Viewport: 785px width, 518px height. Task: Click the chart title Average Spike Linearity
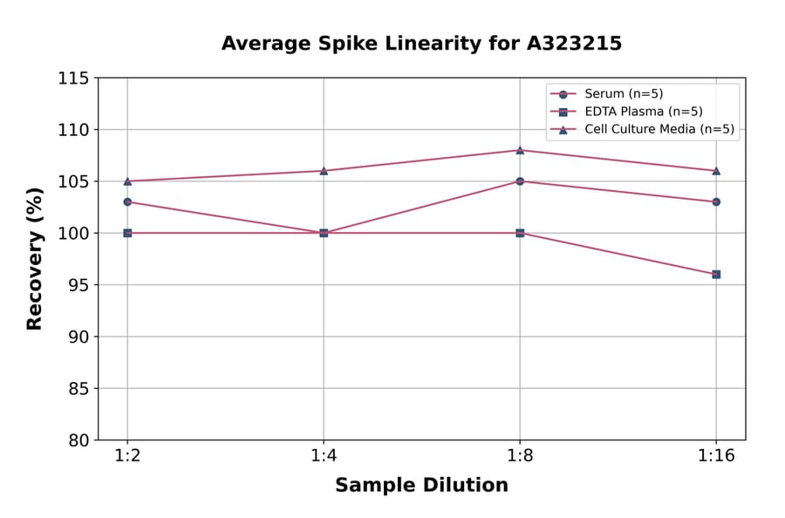pyautogui.click(x=421, y=44)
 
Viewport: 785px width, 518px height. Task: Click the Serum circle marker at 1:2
pyautogui.click(x=127, y=201)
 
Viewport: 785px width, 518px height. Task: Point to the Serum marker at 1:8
pyautogui.click(x=520, y=181)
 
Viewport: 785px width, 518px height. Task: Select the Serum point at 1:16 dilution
pyautogui.click(x=716, y=201)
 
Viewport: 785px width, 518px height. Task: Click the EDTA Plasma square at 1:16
pyautogui.click(x=716, y=274)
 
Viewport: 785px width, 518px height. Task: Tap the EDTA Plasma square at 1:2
pyautogui.click(x=127, y=233)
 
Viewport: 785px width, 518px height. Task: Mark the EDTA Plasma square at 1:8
pyautogui.click(x=520, y=233)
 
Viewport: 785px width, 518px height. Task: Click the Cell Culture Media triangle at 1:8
pyautogui.click(x=520, y=150)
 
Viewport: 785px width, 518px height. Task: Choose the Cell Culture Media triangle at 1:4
pyautogui.click(x=324, y=171)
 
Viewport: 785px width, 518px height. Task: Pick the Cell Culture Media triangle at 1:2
pyautogui.click(x=127, y=181)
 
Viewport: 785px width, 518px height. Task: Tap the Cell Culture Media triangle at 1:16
pyautogui.click(x=716, y=171)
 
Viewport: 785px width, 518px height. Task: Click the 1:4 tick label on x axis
pyautogui.click(x=324, y=457)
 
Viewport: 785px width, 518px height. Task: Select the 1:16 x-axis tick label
pyautogui.click(x=716, y=457)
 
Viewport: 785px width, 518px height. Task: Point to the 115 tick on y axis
pyautogui.click(x=73, y=78)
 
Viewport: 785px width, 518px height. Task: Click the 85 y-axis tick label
pyautogui.click(x=78, y=388)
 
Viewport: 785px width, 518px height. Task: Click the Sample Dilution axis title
pyautogui.click(x=421, y=486)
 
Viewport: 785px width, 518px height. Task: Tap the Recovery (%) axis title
pyautogui.click(x=35, y=259)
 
